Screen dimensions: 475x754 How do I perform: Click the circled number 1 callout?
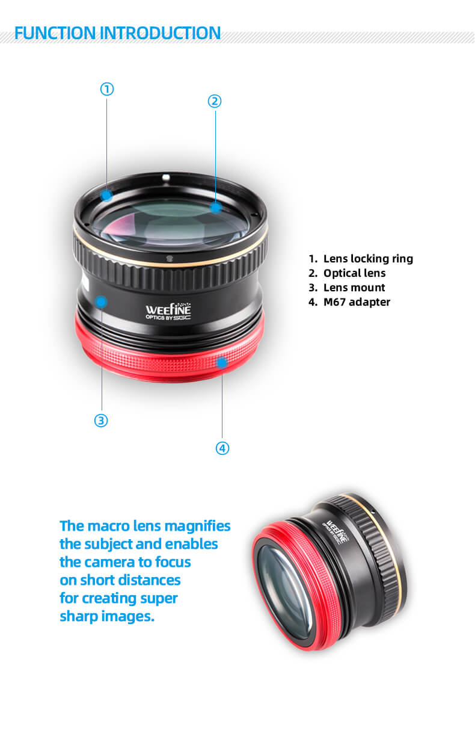coord(107,89)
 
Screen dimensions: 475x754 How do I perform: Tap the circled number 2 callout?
coord(215,101)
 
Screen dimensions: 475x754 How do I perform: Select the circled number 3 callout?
coord(101,421)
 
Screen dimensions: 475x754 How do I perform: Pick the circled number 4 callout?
coord(222,448)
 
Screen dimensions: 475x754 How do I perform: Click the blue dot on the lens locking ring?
coord(107,195)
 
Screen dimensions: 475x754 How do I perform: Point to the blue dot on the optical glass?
coord(216,207)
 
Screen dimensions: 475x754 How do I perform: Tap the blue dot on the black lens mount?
coord(101,301)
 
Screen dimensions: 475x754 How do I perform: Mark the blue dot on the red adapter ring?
coord(222,362)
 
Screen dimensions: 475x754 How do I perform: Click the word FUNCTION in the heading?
coord(55,33)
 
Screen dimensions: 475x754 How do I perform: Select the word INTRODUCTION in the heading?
coord(160,33)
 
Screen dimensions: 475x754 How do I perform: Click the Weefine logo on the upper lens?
coord(168,311)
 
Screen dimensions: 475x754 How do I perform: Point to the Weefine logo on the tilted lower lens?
coord(336,532)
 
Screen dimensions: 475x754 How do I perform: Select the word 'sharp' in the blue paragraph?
coord(79,617)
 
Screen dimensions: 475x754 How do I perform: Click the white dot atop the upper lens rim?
coord(166,177)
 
